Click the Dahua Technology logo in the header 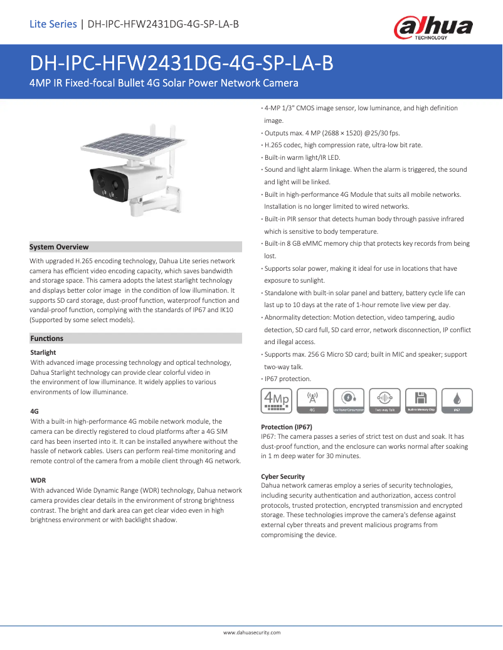point(433,28)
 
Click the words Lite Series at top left point(53,24)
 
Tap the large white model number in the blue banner point(182,64)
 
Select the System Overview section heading point(60,247)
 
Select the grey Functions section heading point(47,338)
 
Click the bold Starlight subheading point(43,352)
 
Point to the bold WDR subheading point(38,480)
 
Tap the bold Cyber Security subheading point(283,476)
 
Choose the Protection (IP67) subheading point(287,426)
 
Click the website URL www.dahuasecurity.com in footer point(251,632)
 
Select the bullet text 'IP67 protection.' point(287,379)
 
